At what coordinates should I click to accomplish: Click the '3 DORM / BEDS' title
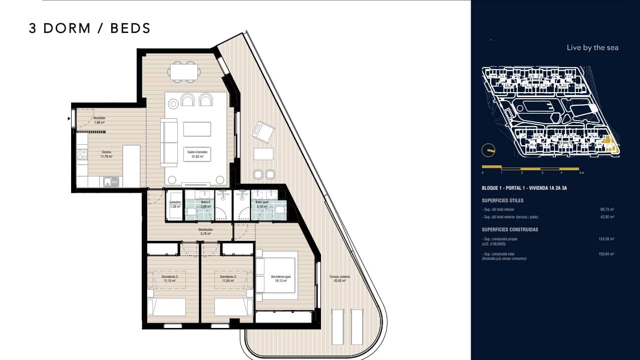[90, 29]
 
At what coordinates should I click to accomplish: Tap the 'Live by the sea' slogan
[592, 48]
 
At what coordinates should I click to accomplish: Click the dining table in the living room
[183, 71]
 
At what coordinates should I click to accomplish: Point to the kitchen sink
[111, 182]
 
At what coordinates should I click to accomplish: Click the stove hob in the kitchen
[82, 154]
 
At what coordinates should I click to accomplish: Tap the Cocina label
[106, 154]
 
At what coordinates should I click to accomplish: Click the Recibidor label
[99, 120]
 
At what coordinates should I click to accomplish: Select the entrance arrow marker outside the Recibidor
[69, 119]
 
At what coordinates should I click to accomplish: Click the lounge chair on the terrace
[263, 132]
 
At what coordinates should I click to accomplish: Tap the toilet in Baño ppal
[279, 213]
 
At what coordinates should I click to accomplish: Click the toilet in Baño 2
[191, 213]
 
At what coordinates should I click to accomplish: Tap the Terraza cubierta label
[340, 278]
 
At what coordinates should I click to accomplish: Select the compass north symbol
[488, 150]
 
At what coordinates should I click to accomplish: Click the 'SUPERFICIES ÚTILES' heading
[502, 200]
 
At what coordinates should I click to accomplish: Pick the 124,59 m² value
[606, 239]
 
